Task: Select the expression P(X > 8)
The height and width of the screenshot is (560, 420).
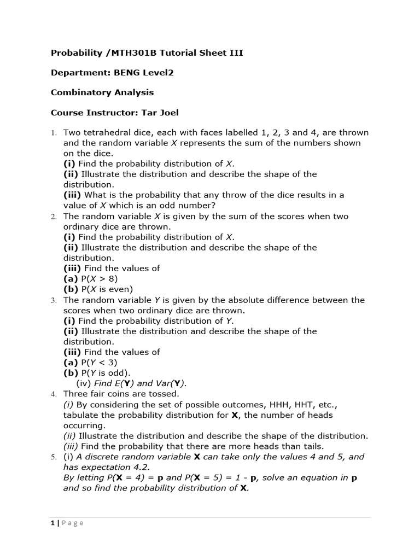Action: (99, 279)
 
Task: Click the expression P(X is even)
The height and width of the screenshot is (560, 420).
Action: (107, 289)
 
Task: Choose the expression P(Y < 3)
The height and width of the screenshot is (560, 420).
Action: (99, 363)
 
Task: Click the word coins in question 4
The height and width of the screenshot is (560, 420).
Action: (121, 394)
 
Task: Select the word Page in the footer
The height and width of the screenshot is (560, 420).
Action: (73, 523)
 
